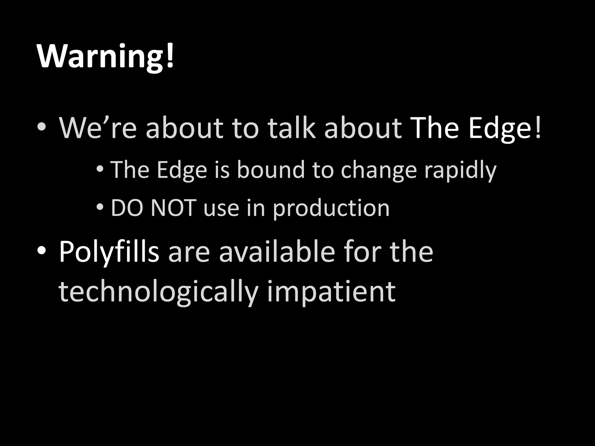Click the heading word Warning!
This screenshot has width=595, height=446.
coord(105,57)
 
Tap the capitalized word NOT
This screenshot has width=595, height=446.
coord(173,208)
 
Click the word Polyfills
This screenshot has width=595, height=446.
coord(109,252)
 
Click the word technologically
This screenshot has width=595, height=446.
coord(158,292)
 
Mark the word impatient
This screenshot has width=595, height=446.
coord(331,292)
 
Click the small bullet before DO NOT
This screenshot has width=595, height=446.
coord(100,207)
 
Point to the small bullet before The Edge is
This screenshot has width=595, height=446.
coord(100,169)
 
